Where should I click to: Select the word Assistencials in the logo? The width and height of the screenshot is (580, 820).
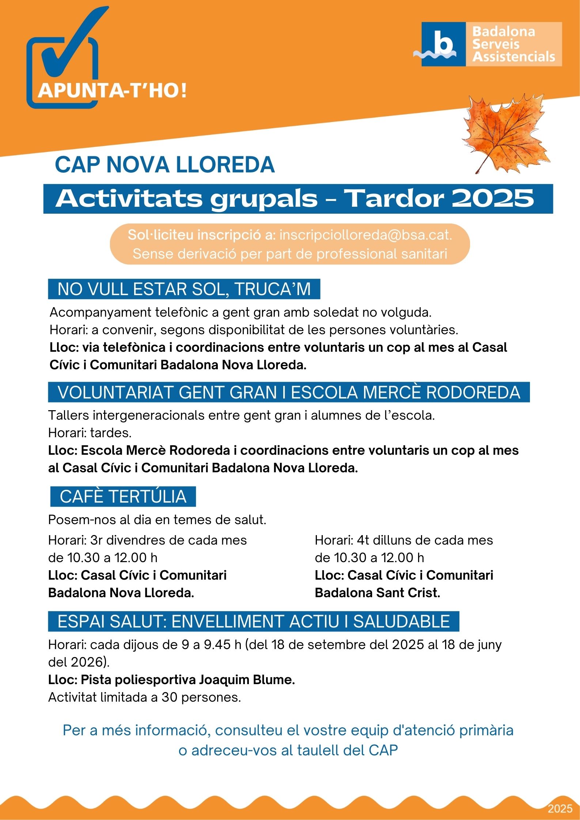click(x=513, y=57)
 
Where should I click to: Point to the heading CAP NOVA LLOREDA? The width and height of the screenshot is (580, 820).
click(x=164, y=165)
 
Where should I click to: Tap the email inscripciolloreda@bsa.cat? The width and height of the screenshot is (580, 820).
click(x=365, y=235)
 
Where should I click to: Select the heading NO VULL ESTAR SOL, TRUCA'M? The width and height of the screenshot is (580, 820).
click(x=184, y=289)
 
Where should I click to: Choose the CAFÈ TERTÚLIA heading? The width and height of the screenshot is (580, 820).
click(x=123, y=497)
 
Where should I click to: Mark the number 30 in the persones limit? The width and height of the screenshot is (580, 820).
click(x=170, y=697)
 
